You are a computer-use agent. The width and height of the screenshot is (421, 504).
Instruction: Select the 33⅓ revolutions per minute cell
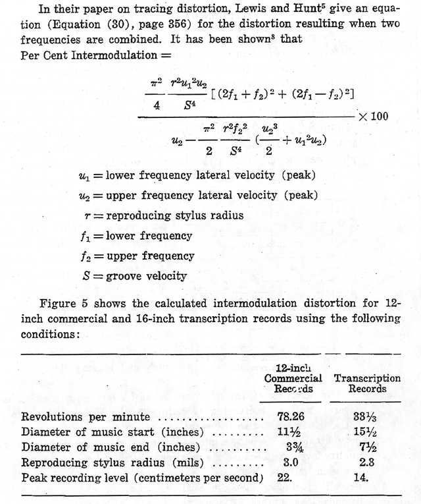[358, 417]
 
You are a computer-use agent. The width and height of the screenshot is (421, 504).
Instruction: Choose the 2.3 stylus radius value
[358, 462]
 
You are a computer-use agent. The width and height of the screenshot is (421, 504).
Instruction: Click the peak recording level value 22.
[284, 478]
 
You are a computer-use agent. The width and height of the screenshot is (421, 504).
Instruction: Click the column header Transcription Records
[367, 383]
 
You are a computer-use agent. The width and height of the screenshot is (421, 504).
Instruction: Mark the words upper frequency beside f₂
[157, 256]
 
